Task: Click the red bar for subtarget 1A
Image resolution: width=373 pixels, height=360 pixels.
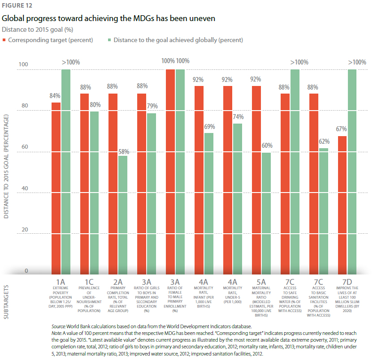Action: click(56, 188)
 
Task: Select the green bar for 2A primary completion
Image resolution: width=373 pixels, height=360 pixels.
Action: click(122, 215)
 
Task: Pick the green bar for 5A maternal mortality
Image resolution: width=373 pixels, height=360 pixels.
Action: click(266, 213)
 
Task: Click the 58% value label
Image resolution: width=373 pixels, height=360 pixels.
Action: click(123, 151)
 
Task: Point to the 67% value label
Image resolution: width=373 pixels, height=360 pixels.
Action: click(341, 129)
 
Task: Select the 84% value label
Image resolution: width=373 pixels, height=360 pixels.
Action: click(56, 96)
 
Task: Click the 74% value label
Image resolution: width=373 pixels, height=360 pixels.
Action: click(238, 117)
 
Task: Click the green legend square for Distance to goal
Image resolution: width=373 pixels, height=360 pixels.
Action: click(109, 40)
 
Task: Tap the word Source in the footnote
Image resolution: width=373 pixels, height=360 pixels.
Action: click(59, 326)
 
